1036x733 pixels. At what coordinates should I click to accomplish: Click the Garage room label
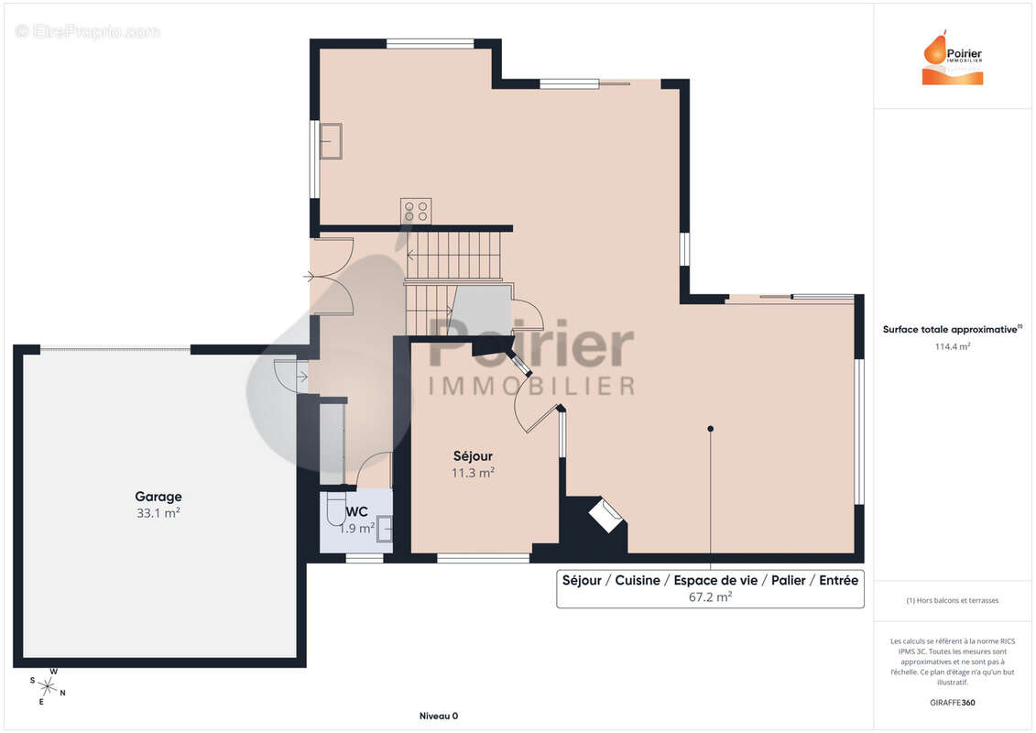(x=158, y=497)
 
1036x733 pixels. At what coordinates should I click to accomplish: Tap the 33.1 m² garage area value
(x=158, y=513)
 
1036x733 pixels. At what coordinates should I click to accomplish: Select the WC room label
(x=357, y=511)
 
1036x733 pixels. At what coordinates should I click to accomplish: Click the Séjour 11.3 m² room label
(x=473, y=464)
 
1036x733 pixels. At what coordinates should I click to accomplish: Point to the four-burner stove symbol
(x=416, y=212)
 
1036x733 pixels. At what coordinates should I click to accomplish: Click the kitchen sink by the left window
(x=331, y=141)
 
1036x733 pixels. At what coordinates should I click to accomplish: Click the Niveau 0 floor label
(x=439, y=716)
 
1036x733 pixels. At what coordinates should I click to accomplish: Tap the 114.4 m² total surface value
(x=952, y=346)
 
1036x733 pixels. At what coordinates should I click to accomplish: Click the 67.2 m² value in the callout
(x=710, y=596)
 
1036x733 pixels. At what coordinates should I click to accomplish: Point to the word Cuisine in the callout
(x=638, y=580)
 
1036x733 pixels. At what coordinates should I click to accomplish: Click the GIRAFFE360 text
(x=952, y=703)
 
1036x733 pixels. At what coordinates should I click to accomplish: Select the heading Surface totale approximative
(x=950, y=329)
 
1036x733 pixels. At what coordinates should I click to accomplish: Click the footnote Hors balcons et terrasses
(x=952, y=600)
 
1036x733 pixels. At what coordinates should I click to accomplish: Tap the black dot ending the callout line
(x=710, y=429)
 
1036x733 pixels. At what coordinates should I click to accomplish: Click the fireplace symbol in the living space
(x=606, y=516)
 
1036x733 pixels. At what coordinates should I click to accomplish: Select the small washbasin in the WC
(x=385, y=530)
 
